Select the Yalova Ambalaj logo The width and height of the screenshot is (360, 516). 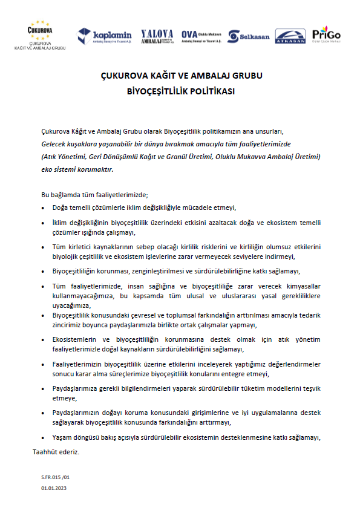(157, 36)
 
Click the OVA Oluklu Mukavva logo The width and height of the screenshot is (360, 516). (201, 36)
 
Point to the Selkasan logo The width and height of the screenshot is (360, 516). (249, 36)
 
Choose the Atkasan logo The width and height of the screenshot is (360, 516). (290, 36)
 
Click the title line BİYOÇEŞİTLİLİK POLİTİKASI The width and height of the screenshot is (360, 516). (180, 93)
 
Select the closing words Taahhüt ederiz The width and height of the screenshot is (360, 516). (56, 451)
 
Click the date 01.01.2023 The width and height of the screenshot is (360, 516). (53, 488)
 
